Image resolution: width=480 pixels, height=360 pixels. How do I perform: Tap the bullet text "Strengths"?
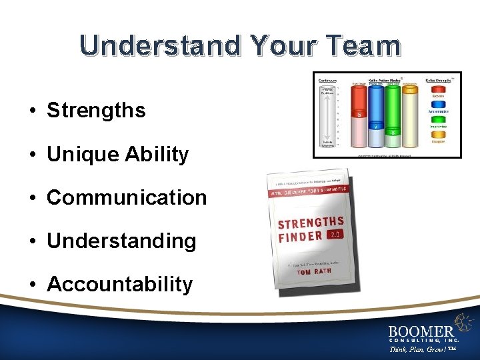[96, 110]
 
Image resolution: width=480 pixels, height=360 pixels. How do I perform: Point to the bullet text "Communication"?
[127, 197]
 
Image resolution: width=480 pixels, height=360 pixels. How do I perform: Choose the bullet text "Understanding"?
[121, 241]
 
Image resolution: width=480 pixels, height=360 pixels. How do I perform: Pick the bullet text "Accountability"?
[119, 284]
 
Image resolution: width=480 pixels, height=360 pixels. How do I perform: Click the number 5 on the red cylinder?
[359, 114]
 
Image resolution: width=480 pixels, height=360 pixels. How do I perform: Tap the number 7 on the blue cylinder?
[376, 125]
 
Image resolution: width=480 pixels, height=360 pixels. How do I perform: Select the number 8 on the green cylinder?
[393, 133]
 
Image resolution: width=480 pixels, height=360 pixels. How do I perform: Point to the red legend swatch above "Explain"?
[438, 90]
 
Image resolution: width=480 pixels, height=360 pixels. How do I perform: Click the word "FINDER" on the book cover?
[301, 237]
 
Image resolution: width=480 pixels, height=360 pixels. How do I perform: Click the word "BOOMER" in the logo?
[421, 330]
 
